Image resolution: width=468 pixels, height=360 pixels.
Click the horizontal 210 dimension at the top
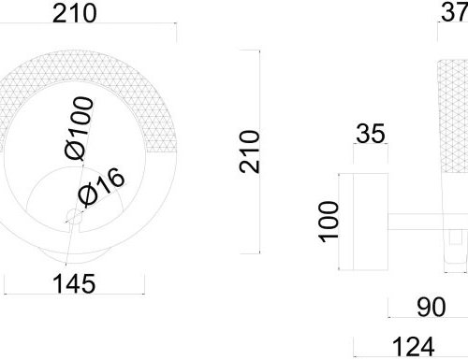click(74, 14)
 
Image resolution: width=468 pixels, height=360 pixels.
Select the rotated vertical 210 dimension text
click(250, 151)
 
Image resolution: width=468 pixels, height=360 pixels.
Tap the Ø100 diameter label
click(79, 128)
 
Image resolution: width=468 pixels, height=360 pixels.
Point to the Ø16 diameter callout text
click(101, 187)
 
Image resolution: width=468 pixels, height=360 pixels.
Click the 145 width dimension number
click(74, 283)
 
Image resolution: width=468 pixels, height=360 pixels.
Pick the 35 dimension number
click(371, 134)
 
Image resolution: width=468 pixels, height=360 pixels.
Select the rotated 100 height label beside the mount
click(329, 222)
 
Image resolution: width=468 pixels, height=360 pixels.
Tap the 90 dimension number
click(431, 308)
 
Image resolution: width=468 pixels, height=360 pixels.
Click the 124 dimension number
click(413, 347)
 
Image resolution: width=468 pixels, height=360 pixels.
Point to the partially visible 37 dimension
click(454, 12)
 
